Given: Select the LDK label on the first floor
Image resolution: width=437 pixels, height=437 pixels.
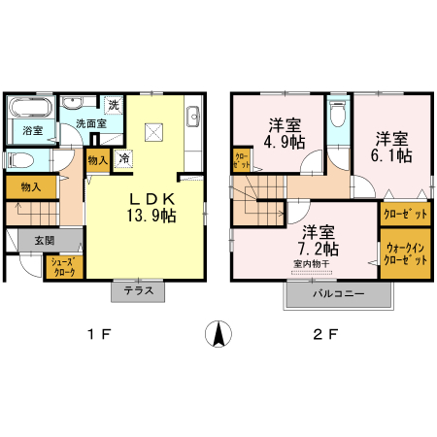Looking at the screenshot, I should [149, 199].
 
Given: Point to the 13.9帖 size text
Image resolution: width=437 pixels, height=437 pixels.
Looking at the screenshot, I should [149, 217].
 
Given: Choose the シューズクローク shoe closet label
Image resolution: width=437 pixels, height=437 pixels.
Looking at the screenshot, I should [64, 266].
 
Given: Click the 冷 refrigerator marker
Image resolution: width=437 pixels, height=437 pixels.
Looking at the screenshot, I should [124, 157].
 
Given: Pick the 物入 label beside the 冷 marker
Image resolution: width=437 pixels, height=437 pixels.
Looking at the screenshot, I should [97, 160].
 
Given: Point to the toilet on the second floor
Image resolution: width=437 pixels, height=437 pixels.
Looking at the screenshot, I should [337, 116].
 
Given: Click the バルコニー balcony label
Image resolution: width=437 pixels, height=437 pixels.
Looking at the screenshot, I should [338, 292].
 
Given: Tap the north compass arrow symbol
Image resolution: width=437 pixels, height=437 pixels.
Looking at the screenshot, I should [221, 335].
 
